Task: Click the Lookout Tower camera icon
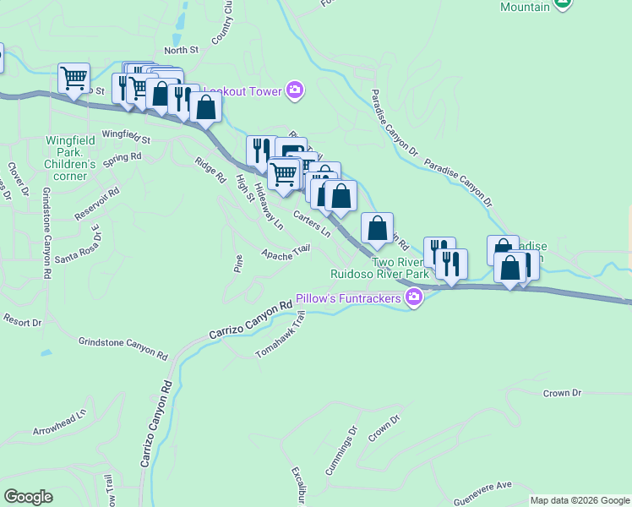[x=295, y=90]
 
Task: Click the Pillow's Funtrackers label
[x=348, y=299]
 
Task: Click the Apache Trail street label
[x=286, y=253]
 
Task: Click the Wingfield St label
[x=125, y=135]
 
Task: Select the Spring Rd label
[x=122, y=157]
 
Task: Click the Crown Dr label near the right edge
[x=563, y=393]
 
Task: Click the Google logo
[x=28, y=497]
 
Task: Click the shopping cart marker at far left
[x=74, y=78]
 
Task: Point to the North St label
[x=181, y=51]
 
